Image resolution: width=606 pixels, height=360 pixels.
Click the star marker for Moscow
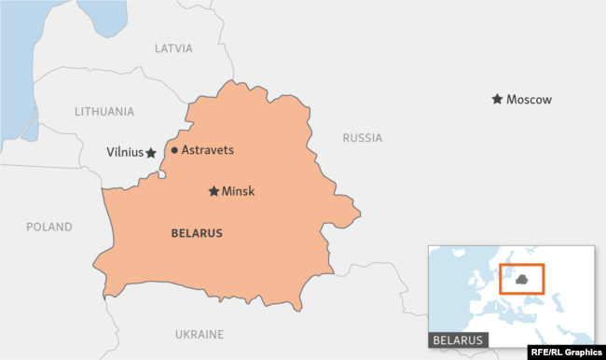pos(497,99)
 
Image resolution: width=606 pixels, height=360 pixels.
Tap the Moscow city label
pos(529,100)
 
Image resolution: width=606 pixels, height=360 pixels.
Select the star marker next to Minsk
pos(213,191)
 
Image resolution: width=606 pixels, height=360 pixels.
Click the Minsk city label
pos(238,191)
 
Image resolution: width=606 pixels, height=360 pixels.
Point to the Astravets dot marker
pos(174,150)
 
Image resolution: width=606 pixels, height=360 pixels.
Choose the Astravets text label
pos(207,150)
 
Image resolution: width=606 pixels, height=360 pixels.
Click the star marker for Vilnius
pos(151,152)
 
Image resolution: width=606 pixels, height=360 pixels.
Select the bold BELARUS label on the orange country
pos(197,233)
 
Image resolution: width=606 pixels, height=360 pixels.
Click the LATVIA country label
pos(173,48)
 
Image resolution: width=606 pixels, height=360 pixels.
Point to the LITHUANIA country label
pos(104,111)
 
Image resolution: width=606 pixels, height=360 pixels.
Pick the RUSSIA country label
pos(362,138)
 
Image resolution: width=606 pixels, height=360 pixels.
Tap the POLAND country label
pos(49,227)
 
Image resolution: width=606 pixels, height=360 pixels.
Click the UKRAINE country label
pos(200,334)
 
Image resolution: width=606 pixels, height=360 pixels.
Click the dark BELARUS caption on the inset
pos(459,340)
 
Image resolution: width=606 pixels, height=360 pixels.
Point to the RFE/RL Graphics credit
pos(565,353)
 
